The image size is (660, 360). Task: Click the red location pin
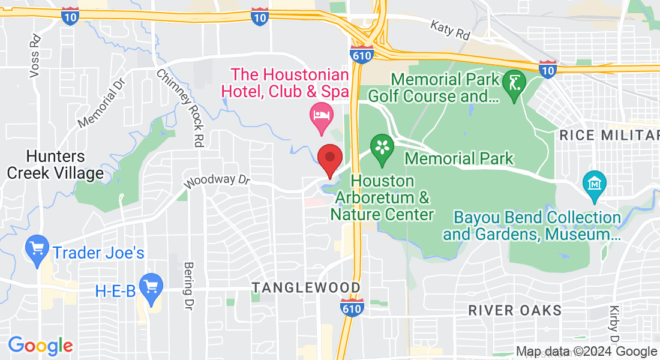pyautogui.click(x=329, y=160)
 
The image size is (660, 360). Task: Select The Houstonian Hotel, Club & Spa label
pyautogui.click(x=285, y=83)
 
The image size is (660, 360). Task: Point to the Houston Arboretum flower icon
pyautogui.click(x=381, y=147)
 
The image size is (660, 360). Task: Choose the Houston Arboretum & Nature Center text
pyautogui.click(x=382, y=197)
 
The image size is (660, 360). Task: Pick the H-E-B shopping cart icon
pyautogui.click(x=150, y=286)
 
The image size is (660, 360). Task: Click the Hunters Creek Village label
pyautogui.click(x=55, y=165)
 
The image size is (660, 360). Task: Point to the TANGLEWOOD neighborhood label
pyautogui.click(x=306, y=288)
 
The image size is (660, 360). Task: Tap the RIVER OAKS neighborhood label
pyautogui.click(x=515, y=310)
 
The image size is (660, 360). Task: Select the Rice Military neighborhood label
pyautogui.click(x=609, y=135)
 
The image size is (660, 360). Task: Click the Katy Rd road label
pyautogui.click(x=450, y=29)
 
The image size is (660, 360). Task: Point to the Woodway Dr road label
pyautogui.click(x=216, y=181)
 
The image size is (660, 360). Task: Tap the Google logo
pyautogui.click(x=40, y=346)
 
